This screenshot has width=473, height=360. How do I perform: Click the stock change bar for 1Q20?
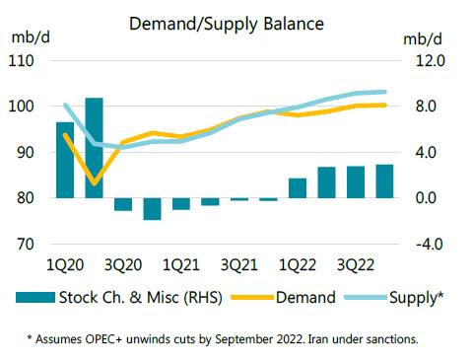click(65, 160)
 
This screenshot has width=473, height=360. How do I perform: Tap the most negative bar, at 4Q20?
click(152, 209)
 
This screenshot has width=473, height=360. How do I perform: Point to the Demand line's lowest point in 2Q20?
click(94, 183)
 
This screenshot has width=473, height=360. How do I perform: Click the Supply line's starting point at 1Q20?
click(65, 105)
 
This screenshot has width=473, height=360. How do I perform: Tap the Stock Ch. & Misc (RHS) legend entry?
click(143, 297)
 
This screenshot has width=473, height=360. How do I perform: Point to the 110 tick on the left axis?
click(22, 61)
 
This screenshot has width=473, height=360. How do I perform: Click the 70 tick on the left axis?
click(25, 245)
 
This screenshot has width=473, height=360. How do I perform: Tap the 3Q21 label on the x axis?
click(239, 265)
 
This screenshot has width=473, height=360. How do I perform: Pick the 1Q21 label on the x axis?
click(181, 265)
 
